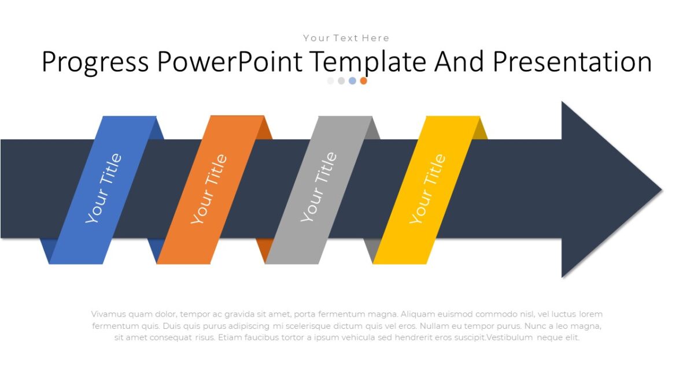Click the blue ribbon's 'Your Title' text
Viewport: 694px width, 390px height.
coord(104,188)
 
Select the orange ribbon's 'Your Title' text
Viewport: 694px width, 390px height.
coord(209,189)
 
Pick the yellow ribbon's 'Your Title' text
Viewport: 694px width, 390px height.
coord(427,189)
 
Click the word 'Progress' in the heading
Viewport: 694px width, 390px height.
coord(95,62)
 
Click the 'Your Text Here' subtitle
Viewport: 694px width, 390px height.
coord(346,38)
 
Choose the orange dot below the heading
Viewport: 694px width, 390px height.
coord(363,81)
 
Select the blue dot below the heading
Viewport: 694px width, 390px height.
coord(352,81)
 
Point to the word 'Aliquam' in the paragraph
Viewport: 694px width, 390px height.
coord(417,314)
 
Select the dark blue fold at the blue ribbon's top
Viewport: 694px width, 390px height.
coord(159,128)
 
